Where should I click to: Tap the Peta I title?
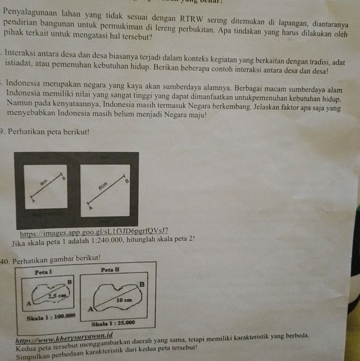coord(42,271)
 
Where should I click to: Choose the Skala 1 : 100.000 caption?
coord(50,317)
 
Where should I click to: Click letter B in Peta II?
coord(142,284)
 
